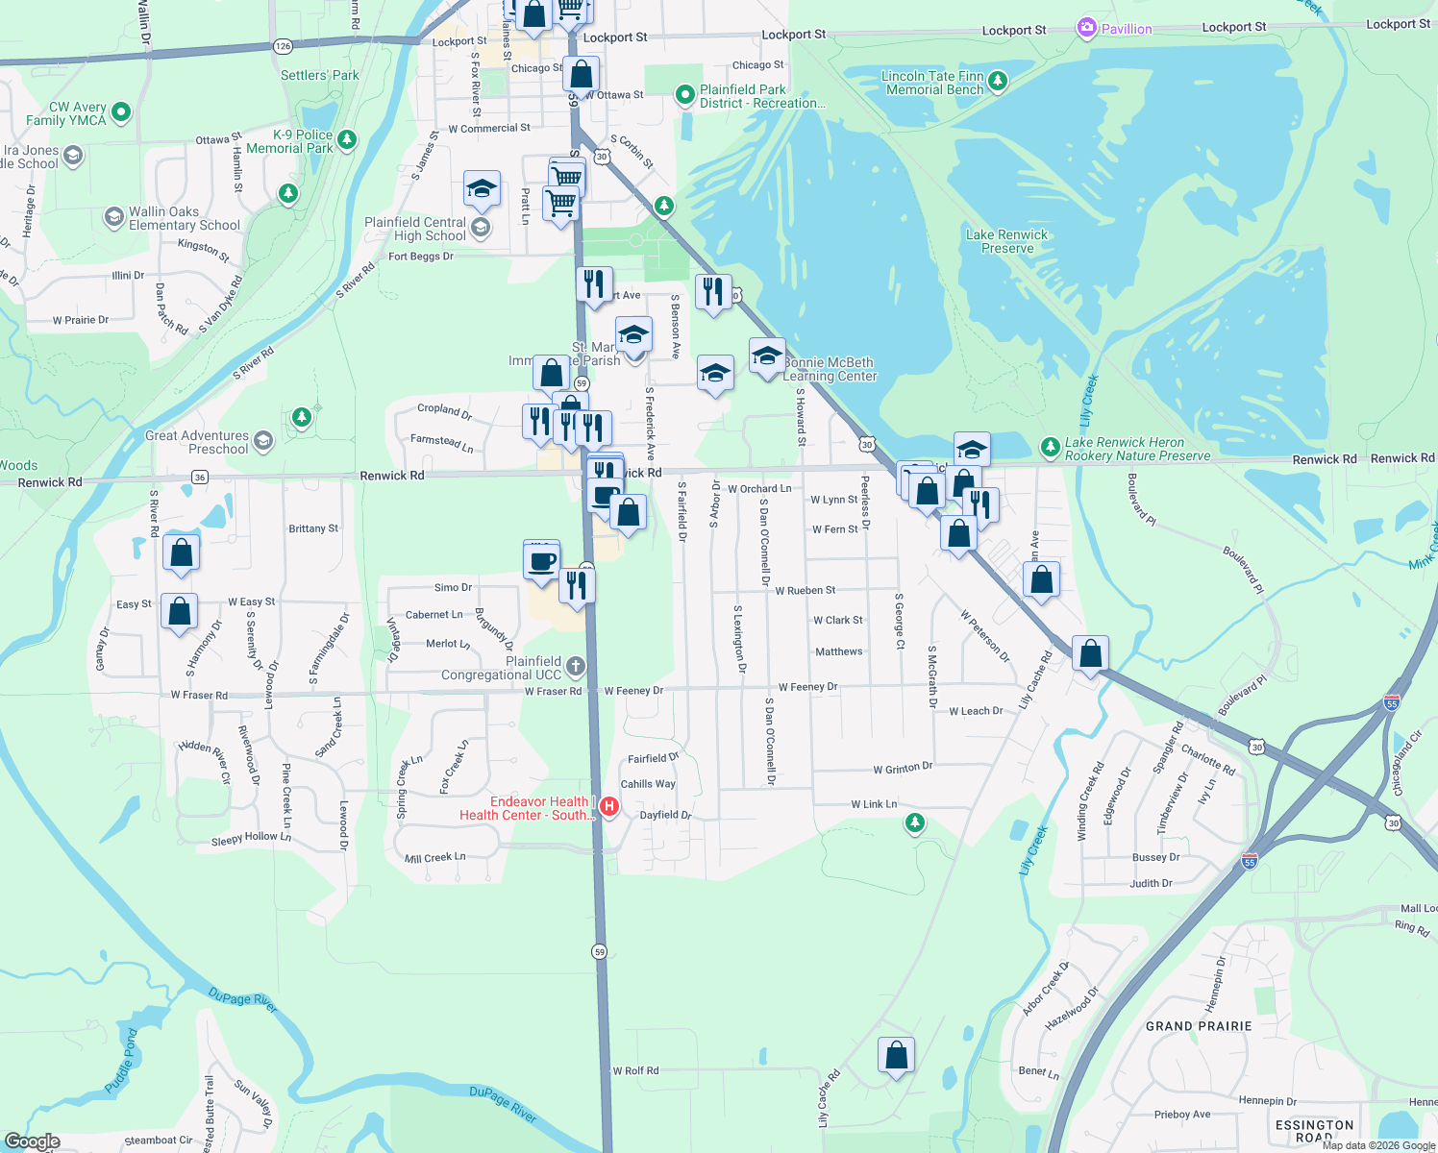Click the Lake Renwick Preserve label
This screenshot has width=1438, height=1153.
pyautogui.click(x=1006, y=241)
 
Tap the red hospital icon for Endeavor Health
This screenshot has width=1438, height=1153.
pyautogui.click(x=608, y=806)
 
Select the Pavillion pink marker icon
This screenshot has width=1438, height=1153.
pyautogui.click(x=1086, y=28)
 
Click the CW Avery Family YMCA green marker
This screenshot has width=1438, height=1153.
pyautogui.click(x=121, y=112)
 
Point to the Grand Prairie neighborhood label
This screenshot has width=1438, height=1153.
pyautogui.click(x=1198, y=1026)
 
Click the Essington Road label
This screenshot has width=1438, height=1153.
pyautogui.click(x=1314, y=1131)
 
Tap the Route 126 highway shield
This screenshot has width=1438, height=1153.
pyautogui.click(x=283, y=46)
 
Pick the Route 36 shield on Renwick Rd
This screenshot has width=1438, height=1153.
pyautogui.click(x=200, y=478)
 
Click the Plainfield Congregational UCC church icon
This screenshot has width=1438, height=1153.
pyautogui.click(x=575, y=666)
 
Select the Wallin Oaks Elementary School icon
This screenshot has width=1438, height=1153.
pyautogui.click(x=114, y=216)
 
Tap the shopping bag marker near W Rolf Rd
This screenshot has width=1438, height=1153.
pyautogui.click(x=896, y=1055)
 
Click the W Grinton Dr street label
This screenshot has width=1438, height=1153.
pyautogui.click(x=903, y=768)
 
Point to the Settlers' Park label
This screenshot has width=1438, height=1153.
pyautogui.click(x=320, y=75)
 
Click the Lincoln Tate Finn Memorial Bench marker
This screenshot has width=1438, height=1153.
pyautogui.click(x=998, y=81)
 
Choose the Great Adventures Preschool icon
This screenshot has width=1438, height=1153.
pyautogui.click(x=263, y=441)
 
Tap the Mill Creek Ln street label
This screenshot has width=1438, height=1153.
pyautogui.click(x=434, y=857)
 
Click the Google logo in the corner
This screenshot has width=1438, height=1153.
pyautogui.click(x=33, y=1141)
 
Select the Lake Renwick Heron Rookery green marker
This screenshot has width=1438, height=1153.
pyautogui.click(x=1050, y=447)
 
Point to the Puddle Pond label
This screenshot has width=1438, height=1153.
pyautogui.click(x=121, y=1061)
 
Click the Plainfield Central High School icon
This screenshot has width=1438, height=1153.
pyautogui.click(x=481, y=228)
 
